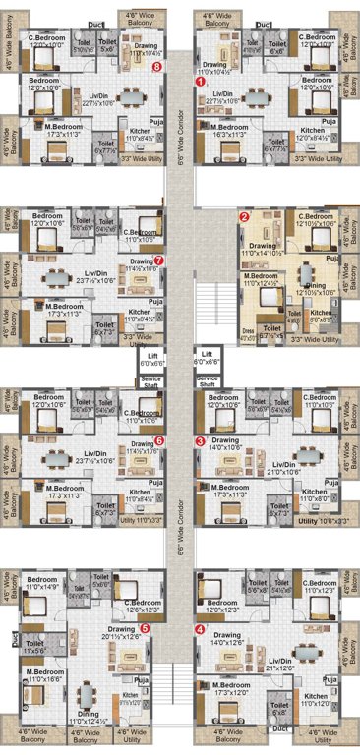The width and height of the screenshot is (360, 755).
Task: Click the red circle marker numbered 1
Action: pos(201,84)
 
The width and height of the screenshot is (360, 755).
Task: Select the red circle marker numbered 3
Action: pos(200,441)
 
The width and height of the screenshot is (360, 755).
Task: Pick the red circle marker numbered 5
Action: pos(145,627)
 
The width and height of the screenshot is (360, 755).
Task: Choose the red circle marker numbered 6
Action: pos(159,441)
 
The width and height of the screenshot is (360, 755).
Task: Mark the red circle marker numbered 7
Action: pos(158,261)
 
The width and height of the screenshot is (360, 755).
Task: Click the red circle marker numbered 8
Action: pos(158,66)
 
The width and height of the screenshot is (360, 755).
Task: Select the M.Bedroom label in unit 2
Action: pos(262,280)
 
